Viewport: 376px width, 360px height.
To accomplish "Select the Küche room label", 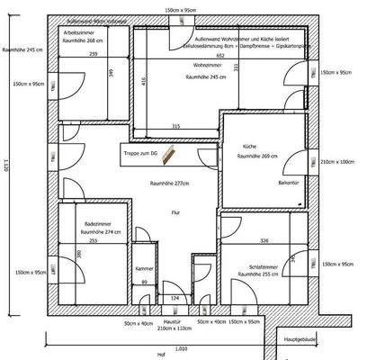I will (249, 146).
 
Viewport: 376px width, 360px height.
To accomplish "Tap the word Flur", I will (175, 213).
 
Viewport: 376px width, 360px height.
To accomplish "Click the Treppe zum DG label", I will (140, 154).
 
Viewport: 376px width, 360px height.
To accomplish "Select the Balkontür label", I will (263, 181).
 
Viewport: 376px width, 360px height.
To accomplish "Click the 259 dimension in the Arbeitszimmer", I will (94, 55).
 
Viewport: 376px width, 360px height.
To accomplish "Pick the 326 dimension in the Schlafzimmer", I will (264, 241).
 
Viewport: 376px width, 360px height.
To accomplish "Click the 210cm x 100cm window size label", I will (338, 162).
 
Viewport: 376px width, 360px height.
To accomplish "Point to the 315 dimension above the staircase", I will (176, 126).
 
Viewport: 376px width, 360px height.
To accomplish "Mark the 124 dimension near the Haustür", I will (176, 297).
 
